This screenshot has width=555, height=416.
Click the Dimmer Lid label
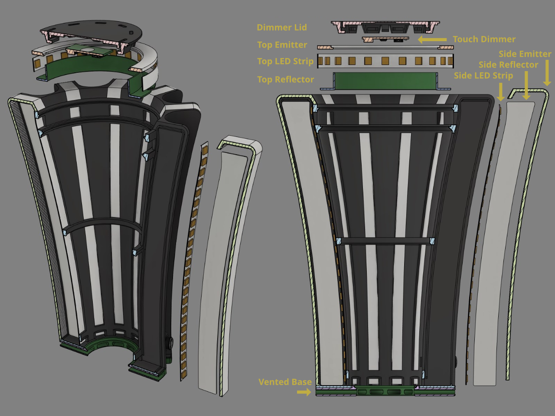click(281, 27)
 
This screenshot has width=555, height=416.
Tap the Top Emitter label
click(282, 45)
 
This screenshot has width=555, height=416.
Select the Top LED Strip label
click(285, 62)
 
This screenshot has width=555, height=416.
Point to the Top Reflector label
click(285, 79)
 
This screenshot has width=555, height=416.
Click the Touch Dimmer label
click(484, 39)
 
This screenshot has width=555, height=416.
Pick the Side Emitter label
click(525, 54)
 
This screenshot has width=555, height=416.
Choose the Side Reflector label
click(508, 65)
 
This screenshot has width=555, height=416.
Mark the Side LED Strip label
click(483, 75)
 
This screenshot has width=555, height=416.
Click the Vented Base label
click(285, 382)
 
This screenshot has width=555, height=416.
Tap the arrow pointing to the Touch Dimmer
click(432, 39)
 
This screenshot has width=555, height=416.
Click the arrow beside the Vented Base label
click(304, 392)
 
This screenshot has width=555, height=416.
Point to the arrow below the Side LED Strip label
click(501, 91)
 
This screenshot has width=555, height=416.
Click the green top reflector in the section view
click(385, 81)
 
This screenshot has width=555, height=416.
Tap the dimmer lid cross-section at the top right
click(385, 27)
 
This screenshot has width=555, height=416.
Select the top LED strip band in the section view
click(385, 61)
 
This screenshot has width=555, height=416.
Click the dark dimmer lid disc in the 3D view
click(95, 29)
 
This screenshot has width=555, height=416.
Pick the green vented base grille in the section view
click(385, 392)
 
